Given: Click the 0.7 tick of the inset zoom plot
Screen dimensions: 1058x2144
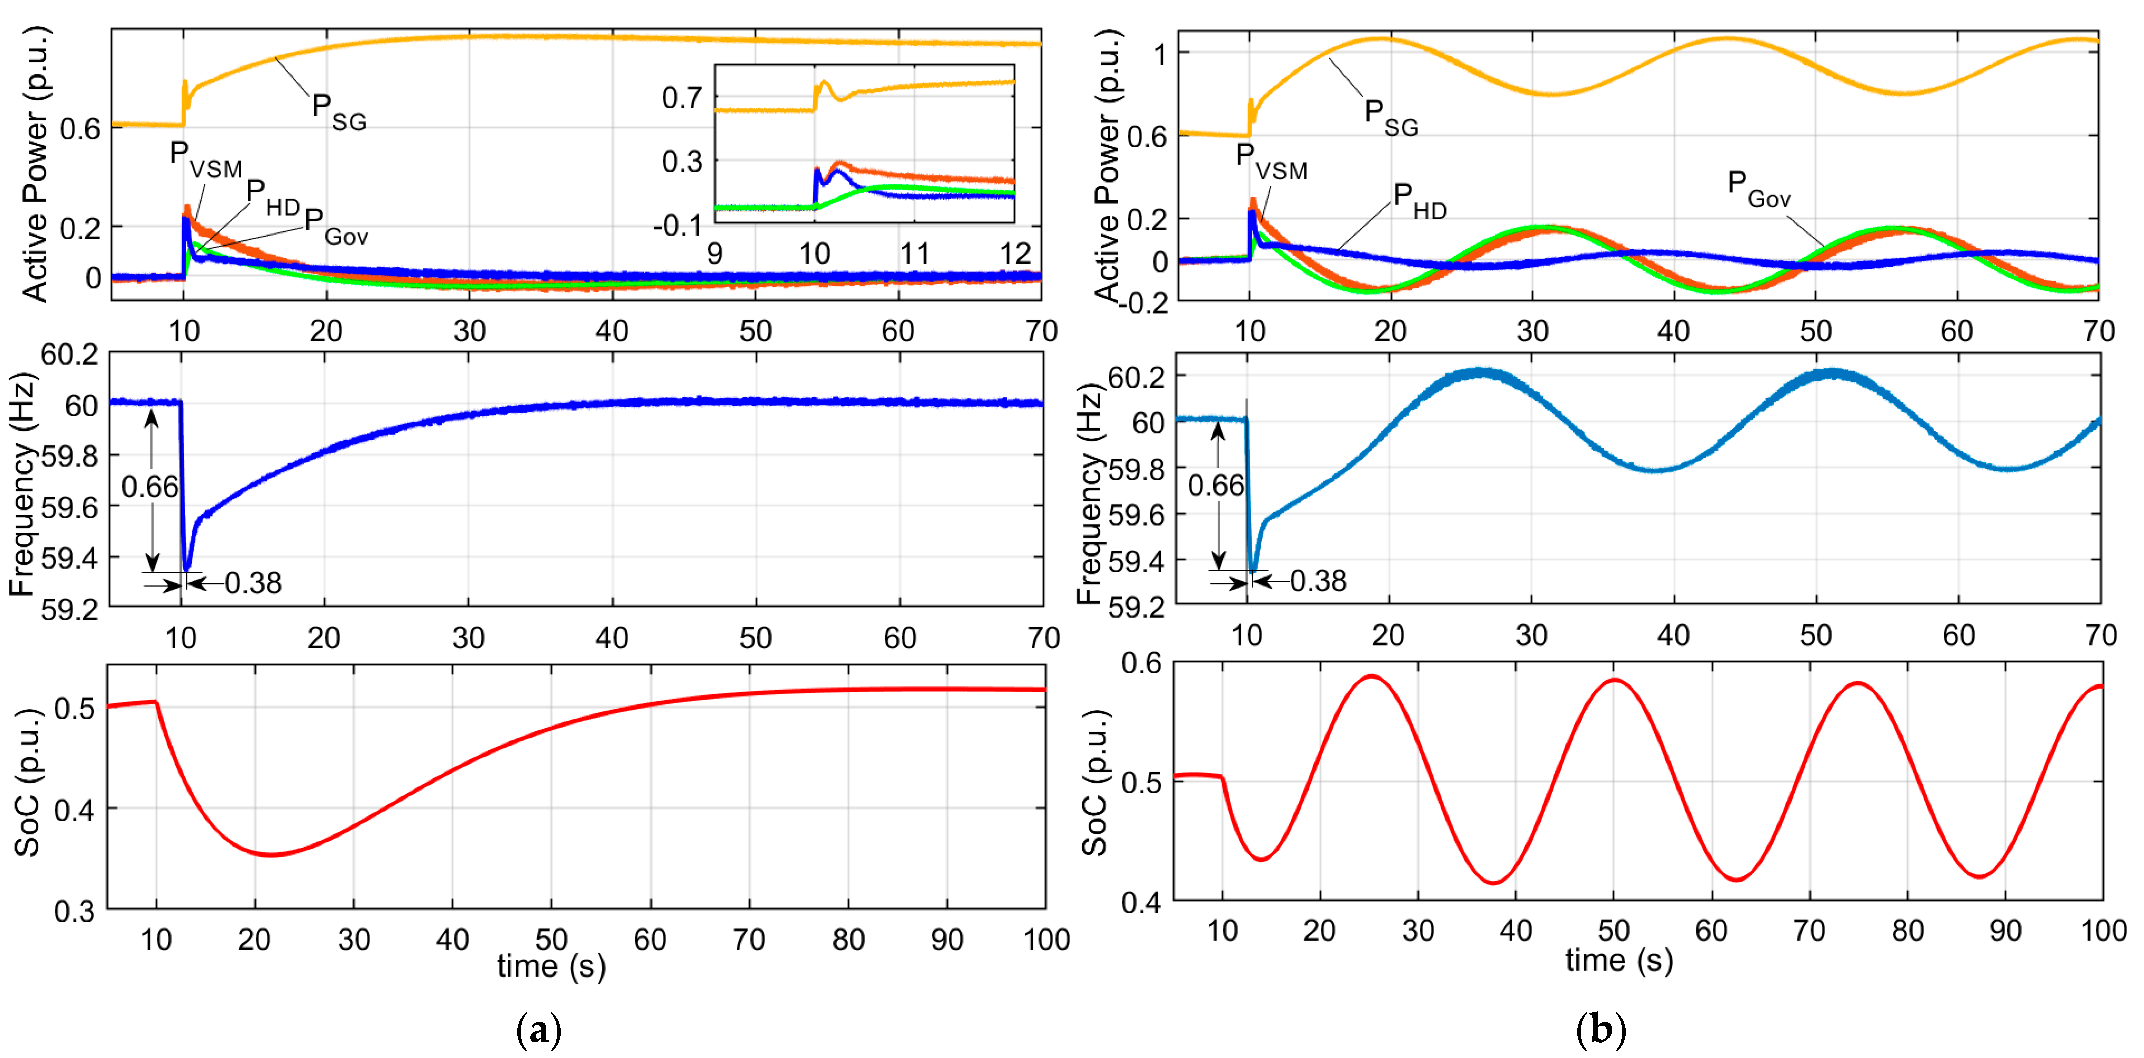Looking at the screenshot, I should click(681, 98).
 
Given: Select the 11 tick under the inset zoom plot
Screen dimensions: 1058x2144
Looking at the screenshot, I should click(914, 254).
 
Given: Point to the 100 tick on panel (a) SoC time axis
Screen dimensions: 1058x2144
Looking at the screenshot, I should click(1045, 940).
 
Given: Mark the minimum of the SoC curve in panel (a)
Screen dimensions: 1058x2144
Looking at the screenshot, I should click(271, 855).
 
